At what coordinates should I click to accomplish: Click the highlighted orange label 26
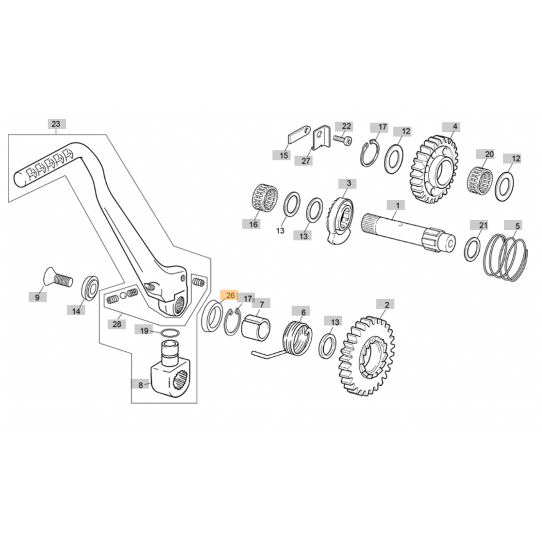(230, 295)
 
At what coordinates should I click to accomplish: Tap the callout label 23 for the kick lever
(56, 124)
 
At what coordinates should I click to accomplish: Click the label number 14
(76, 311)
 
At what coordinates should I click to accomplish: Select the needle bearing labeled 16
(264, 199)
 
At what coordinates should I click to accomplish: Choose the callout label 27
(306, 161)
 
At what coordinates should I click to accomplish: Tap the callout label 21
(483, 225)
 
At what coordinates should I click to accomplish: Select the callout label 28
(116, 324)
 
